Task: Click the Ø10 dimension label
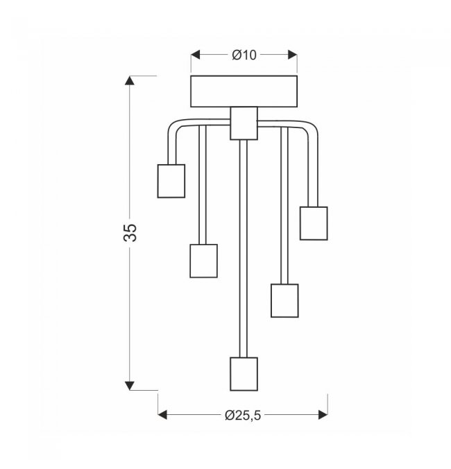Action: tap(244, 55)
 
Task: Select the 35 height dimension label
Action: tap(130, 232)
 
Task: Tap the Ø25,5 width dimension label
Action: tap(243, 415)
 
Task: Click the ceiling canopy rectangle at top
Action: tap(244, 91)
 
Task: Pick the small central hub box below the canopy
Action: tap(244, 123)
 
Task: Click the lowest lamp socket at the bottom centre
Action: tap(244, 374)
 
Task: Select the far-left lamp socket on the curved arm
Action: tap(171, 181)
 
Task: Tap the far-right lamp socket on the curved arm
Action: tap(314, 223)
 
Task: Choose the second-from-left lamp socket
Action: tap(204, 260)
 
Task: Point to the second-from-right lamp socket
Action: tap(284, 301)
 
